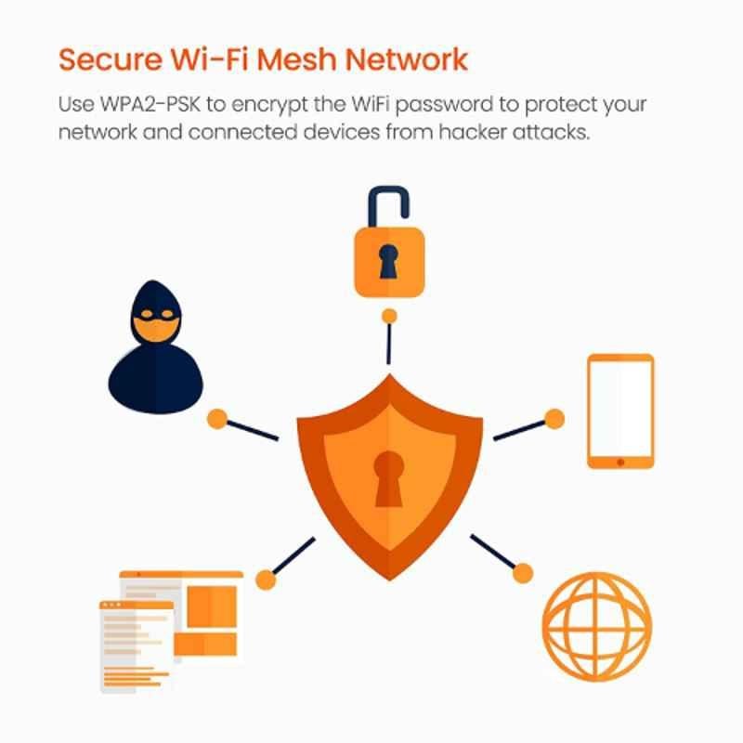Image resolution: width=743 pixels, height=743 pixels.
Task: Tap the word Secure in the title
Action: pos(111,59)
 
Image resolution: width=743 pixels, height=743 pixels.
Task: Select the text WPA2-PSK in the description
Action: pos(150,104)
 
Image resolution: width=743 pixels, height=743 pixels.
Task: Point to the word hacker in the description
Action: pos(473,132)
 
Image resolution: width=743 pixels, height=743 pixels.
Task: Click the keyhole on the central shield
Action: pos(389,478)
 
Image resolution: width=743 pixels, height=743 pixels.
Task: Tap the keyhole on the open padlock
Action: pos(388,262)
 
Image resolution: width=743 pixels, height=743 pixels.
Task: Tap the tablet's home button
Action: pos(620,462)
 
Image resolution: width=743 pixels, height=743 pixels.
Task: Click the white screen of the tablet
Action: pos(620,409)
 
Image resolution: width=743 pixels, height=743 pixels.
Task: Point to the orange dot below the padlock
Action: pos(389,316)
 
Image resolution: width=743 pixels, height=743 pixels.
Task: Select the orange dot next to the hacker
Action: pos(217,419)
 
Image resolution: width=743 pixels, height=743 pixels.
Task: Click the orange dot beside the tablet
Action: pos(554,419)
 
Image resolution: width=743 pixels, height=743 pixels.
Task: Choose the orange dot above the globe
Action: pos(523,573)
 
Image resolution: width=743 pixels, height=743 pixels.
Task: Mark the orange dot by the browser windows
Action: pos(266,580)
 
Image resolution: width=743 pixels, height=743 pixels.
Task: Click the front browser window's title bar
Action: pos(137,606)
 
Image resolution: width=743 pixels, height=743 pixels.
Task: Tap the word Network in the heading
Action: pos(407,59)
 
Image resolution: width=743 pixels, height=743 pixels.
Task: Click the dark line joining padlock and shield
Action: pos(389,344)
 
